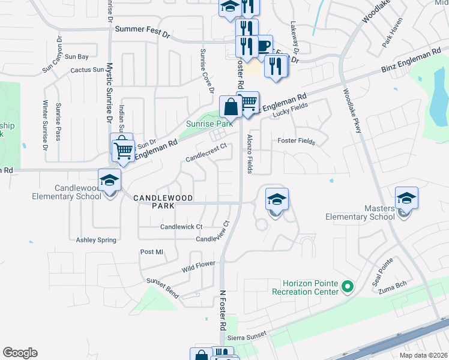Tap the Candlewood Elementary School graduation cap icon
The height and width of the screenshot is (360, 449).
[x=110, y=180]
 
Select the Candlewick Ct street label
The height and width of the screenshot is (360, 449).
[x=181, y=227]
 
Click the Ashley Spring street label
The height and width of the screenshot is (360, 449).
[x=96, y=240]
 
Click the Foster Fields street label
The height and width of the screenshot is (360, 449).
[x=297, y=141]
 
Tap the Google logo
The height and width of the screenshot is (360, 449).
[x=20, y=353]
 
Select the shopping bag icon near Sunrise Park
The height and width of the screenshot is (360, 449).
[x=231, y=107]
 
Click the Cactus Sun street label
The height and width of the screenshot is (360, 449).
[x=88, y=70]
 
